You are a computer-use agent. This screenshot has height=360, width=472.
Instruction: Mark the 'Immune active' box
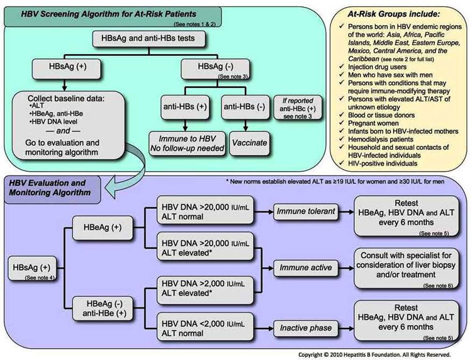tap(301, 267)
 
